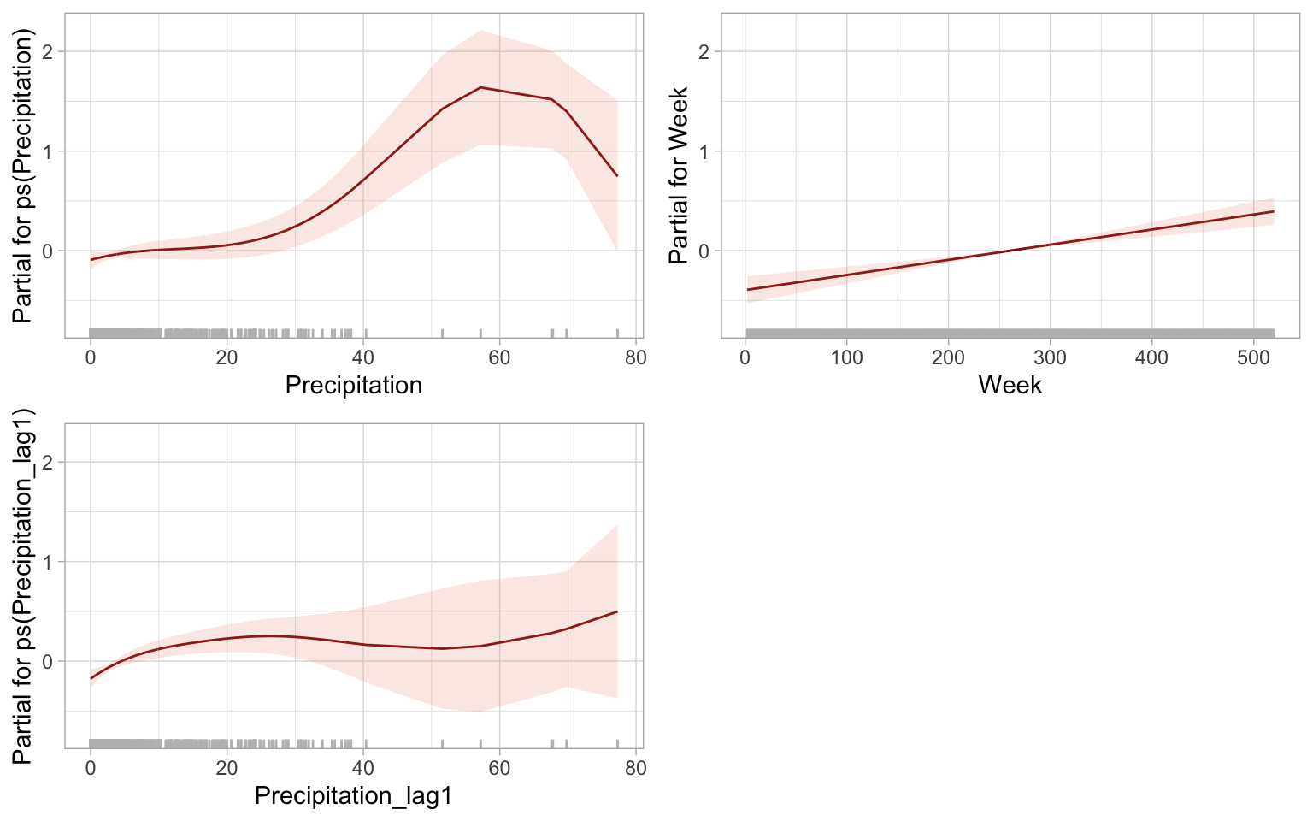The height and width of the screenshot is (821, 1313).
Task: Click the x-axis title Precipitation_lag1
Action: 353,796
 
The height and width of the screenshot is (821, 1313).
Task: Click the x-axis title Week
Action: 1010,385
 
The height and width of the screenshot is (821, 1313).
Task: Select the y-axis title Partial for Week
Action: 679,175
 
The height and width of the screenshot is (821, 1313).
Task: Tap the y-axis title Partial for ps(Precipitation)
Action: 23,175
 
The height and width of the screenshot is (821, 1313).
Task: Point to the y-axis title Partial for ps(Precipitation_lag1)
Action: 23,586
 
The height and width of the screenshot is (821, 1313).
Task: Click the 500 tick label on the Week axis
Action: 1253,357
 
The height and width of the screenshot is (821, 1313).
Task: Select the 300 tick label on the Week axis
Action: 1050,357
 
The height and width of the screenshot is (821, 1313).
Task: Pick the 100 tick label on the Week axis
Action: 846,357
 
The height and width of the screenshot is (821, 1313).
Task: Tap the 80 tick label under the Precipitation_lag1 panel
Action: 635,767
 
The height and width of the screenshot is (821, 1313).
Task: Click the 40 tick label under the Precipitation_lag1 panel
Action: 363,767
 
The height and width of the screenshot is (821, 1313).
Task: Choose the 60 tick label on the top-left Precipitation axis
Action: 499,357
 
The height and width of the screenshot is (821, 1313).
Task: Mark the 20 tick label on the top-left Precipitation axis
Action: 227,357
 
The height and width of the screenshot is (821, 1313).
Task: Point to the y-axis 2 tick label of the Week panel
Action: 704,51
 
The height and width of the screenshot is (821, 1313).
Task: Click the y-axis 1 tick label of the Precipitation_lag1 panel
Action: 47,562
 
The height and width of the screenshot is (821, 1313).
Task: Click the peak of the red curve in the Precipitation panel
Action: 480,87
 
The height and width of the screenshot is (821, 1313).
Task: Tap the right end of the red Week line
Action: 1274,211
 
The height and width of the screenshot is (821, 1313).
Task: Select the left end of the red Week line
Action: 747,290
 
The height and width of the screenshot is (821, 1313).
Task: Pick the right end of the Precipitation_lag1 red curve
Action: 617,611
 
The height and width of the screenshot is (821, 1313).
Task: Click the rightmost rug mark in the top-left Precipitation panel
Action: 617,333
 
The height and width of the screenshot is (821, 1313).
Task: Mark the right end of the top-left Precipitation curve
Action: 617,176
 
